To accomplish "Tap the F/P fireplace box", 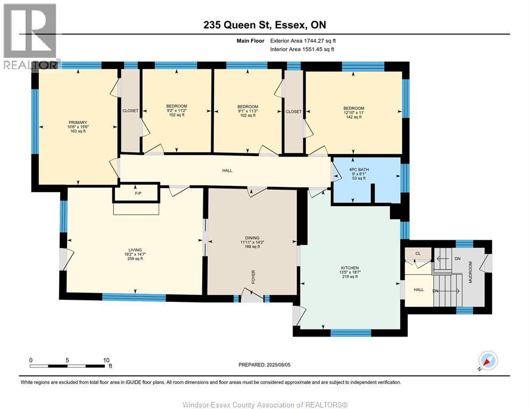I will (x=136, y=194).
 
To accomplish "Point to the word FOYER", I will (x=254, y=276).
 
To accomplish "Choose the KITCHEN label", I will (x=350, y=267).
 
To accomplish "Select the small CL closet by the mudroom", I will (x=418, y=253).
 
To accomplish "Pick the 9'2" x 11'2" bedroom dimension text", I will (x=177, y=111).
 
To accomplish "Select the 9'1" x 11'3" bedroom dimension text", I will (x=247, y=111).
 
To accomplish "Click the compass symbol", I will (x=489, y=361).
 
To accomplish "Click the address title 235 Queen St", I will (x=264, y=25).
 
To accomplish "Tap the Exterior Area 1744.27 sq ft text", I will (x=303, y=40).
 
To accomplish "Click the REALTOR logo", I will (x=30, y=35).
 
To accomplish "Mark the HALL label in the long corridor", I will (x=227, y=170).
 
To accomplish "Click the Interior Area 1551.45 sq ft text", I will (x=303, y=50).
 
